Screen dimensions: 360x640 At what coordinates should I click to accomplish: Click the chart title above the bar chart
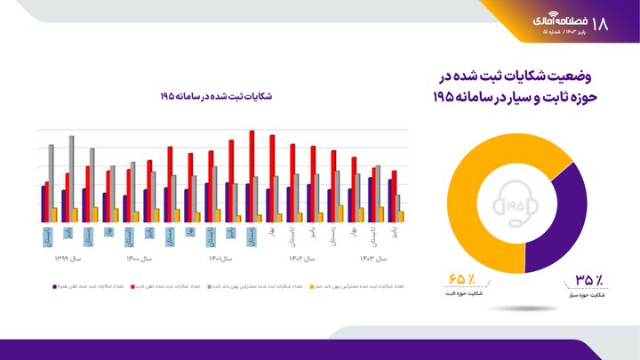pos(216,95)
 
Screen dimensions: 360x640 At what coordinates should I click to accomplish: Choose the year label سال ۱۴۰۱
pos(220,259)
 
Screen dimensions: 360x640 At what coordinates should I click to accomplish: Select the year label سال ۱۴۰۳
pos(373,259)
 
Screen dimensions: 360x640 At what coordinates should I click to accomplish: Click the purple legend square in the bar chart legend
pos(54,287)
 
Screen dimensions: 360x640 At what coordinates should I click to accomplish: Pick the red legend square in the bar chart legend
pos(133,287)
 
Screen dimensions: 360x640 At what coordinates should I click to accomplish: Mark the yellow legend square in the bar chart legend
pos(309,287)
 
